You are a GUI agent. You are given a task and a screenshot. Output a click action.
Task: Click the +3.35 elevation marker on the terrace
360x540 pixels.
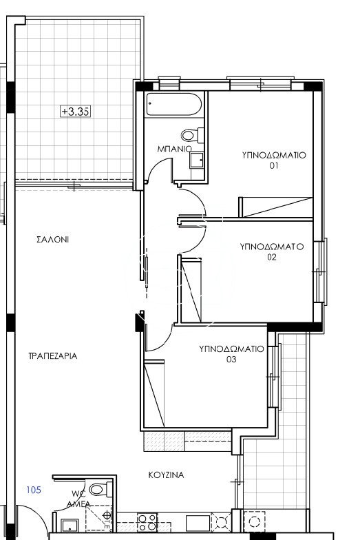pyautogui.click(x=76, y=112)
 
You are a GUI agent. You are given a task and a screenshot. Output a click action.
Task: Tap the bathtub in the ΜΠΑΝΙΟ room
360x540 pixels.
pyautogui.click(x=173, y=104)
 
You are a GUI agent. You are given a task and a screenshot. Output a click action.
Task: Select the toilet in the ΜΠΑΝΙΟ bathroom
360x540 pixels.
pyautogui.click(x=193, y=135)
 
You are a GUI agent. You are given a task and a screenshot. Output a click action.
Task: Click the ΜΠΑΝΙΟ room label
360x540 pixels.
pyautogui.click(x=174, y=149)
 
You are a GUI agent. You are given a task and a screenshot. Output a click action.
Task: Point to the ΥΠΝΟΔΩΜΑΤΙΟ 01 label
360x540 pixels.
pyautogui.click(x=274, y=160)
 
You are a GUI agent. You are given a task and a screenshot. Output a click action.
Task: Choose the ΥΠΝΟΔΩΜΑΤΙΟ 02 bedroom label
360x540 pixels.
pyautogui.click(x=272, y=252)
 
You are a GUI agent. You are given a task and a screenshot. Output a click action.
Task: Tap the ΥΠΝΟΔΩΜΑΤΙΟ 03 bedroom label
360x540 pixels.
pyautogui.click(x=231, y=354)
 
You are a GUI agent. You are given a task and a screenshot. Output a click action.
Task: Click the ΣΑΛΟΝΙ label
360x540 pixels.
pyautogui.click(x=52, y=240)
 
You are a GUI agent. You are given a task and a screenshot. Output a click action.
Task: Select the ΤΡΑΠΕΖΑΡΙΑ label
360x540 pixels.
pyautogui.click(x=52, y=355)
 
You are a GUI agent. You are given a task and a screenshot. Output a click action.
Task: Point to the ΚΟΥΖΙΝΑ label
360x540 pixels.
pyautogui.click(x=167, y=475)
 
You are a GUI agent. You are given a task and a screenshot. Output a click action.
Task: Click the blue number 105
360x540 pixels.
pyautogui.click(x=34, y=490)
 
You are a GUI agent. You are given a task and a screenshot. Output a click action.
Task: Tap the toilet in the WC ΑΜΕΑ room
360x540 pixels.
pyautogui.click(x=100, y=489)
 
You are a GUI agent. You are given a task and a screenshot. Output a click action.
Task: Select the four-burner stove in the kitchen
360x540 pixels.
pyautogui.click(x=147, y=522)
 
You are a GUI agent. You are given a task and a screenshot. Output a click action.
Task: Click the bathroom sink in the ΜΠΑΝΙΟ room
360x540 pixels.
pyautogui.click(x=197, y=160)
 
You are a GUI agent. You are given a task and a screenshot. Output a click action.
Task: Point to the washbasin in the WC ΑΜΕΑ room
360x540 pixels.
pyautogui.click(x=70, y=526)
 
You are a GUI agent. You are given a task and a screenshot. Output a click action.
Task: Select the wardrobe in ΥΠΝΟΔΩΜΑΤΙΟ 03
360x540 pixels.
pyautogui.click(x=154, y=393)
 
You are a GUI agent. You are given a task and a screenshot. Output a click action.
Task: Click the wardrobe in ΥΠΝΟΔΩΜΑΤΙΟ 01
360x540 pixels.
pyautogui.click(x=275, y=207)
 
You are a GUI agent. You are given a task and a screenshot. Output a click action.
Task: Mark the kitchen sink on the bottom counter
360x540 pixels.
pyautogui.click(x=198, y=523)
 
